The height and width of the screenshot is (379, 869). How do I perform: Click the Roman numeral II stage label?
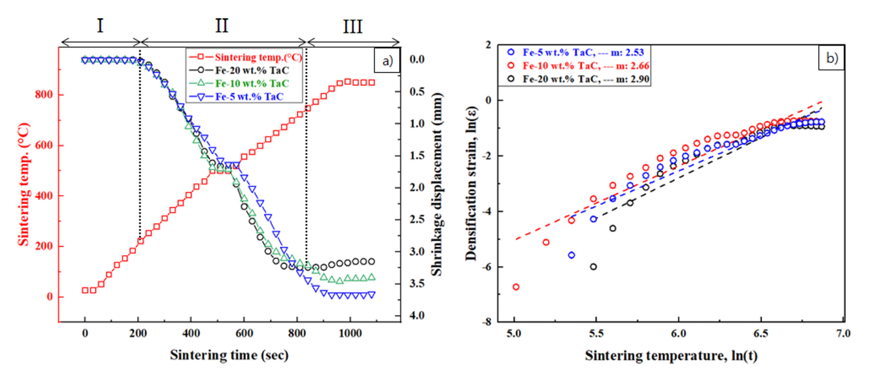(x=222, y=26)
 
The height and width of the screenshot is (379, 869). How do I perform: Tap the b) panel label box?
(x=832, y=58)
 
